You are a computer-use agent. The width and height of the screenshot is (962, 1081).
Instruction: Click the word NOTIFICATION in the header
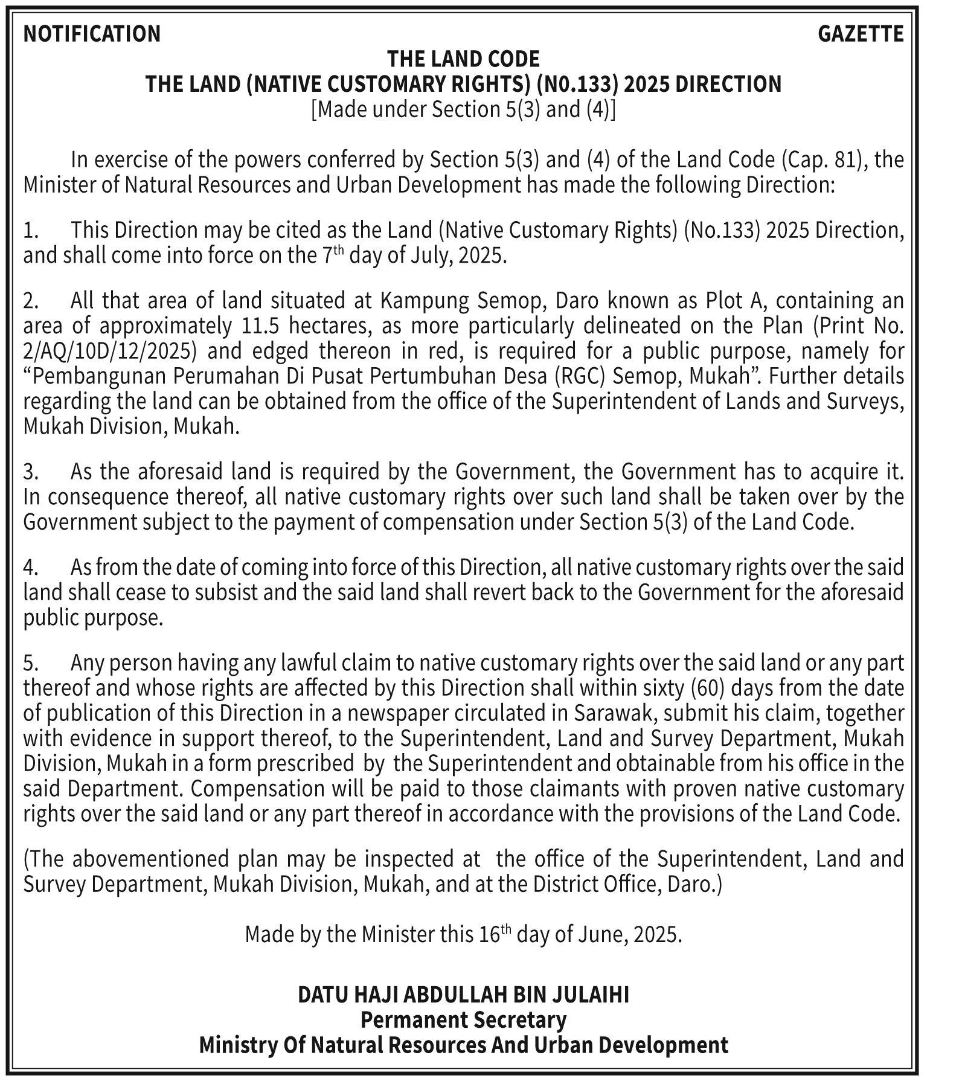(x=92, y=34)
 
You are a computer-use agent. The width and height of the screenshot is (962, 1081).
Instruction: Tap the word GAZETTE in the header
(x=861, y=34)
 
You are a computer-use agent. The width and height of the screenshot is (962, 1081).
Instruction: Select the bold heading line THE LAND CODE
(x=463, y=59)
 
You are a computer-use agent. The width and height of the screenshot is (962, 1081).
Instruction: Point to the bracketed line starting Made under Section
(x=463, y=109)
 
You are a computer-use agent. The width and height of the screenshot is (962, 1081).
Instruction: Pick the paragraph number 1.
(x=31, y=231)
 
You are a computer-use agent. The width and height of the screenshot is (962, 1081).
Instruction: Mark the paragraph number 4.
(x=31, y=568)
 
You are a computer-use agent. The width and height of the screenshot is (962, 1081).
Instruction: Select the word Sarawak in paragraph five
(x=615, y=714)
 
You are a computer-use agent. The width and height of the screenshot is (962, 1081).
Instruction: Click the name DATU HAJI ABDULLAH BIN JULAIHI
(x=463, y=995)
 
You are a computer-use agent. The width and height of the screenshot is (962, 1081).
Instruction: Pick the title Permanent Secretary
(x=463, y=1020)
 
